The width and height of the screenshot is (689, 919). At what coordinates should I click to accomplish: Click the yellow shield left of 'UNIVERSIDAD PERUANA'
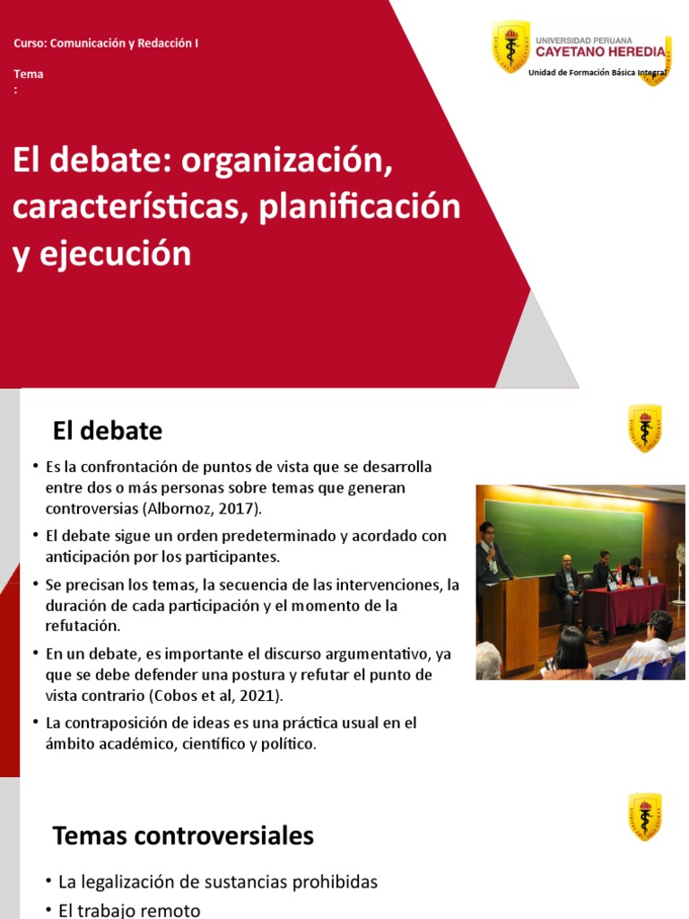(510, 46)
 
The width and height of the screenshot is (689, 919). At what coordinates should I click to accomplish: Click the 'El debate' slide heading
(108, 432)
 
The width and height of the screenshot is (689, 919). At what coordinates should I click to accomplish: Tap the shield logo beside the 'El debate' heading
(644, 428)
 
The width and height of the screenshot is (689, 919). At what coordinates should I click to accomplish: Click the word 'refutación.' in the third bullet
(83, 626)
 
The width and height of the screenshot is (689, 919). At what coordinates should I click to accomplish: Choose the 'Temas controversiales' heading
(183, 836)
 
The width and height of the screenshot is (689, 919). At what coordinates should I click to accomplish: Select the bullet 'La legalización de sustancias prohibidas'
(217, 882)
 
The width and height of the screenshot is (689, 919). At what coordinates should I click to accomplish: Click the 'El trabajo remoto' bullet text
(129, 910)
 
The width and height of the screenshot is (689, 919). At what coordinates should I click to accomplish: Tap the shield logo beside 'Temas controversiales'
(644, 816)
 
